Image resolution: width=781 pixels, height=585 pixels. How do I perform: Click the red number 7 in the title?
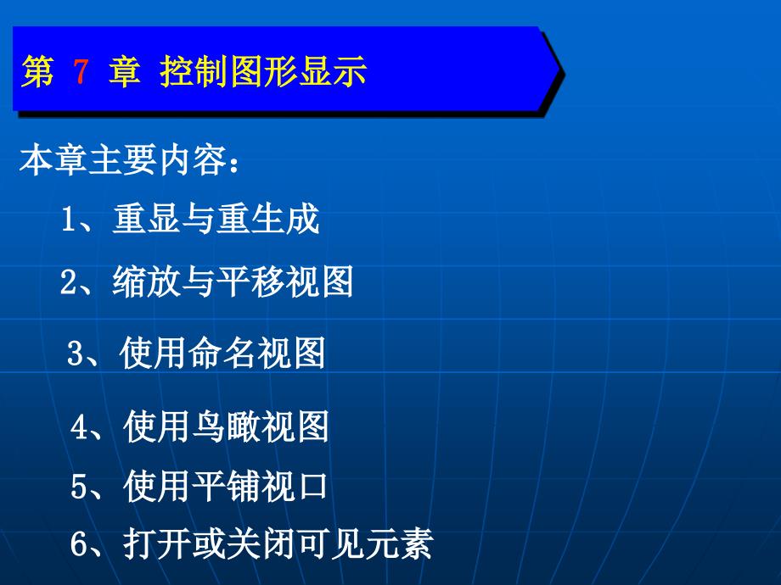pos(81,71)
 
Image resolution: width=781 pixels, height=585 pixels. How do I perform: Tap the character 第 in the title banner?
pos(37,71)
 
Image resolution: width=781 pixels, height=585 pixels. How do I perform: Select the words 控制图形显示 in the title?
pos(263,71)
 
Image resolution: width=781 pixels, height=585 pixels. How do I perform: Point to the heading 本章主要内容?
pos(122,160)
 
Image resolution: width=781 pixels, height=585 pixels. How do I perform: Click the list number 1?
pos(68,219)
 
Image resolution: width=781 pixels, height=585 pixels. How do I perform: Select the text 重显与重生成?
pos(216,219)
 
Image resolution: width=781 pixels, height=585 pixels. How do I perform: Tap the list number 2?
pos(69,281)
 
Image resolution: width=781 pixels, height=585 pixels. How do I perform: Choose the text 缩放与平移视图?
pos(233,281)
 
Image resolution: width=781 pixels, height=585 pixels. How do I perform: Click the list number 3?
pos(76,353)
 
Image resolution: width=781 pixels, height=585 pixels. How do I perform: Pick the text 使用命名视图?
pos(222,353)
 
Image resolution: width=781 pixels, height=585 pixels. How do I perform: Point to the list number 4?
pos(79,426)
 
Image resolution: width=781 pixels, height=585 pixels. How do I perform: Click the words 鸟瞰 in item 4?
pos(226,426)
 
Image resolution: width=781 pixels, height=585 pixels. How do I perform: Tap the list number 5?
pos(79,486)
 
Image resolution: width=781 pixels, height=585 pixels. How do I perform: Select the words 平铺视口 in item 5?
pos(260,486)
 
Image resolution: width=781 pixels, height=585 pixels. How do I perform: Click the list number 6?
pos(79,543)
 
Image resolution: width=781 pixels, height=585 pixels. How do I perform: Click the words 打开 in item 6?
pos(157,543)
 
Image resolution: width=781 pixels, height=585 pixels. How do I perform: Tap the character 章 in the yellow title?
pos(125,71)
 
